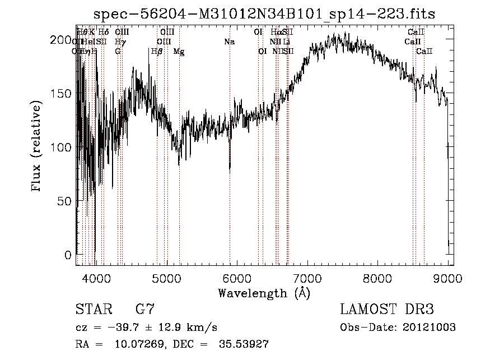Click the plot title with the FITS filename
click(264, 13)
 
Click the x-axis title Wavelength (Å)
click(264, 293)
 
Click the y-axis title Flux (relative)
click(37, 148)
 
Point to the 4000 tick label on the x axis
click(96, 279)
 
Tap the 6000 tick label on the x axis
click(237, 279)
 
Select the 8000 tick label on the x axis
click(378, 279)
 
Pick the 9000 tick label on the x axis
click(448, 279)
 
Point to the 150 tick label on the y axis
click(60, 94)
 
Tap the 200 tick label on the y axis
click(60, 40)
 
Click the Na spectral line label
click(229, 42)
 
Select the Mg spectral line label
click(179, 52)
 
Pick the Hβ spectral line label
click(157, 52)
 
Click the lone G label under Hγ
click(118, 52)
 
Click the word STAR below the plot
click(92, 310)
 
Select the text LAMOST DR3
click(387, 310)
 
